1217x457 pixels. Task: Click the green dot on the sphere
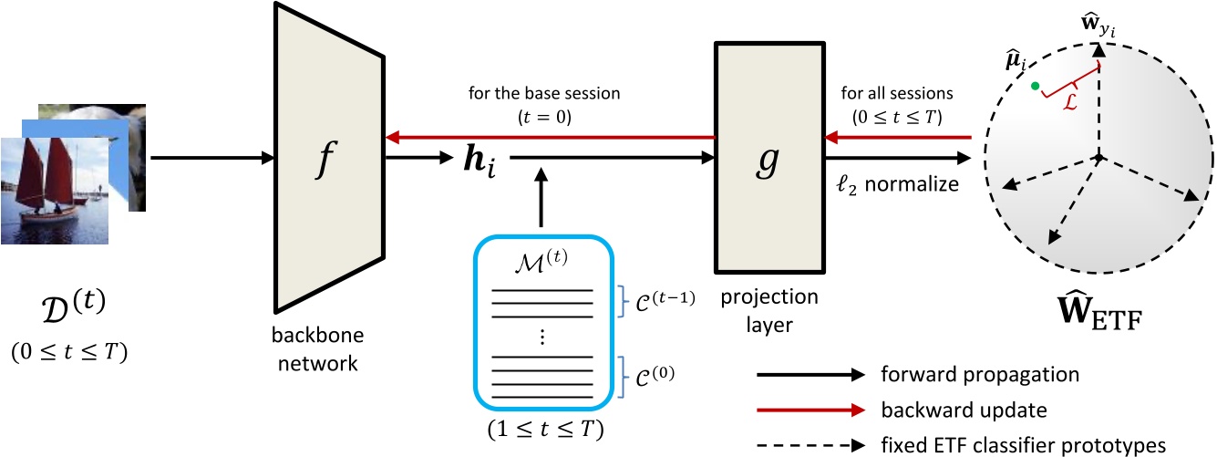[1034, 87]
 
